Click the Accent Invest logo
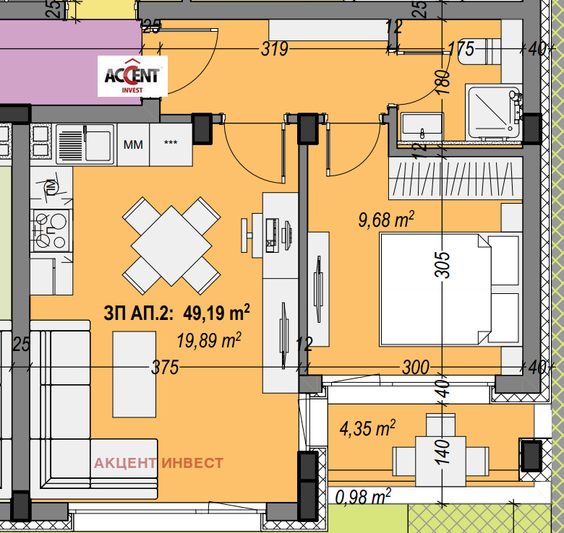[132, 76]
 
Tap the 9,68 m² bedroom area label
[386, 219]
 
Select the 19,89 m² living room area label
[209, 340]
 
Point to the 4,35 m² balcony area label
[367, 428]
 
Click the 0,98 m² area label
[363, 497]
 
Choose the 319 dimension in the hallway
[275, 49]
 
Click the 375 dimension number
[165, 367]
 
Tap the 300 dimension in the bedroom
[416, 367]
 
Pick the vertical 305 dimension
[443, 265]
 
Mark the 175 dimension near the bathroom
[461, 49]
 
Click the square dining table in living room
[171, 246]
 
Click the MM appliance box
[133, 144]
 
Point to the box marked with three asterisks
[171, 144]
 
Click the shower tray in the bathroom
[493, 112]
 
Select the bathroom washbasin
[422, 126]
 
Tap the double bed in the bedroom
[450, 290]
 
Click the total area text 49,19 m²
[216, 313]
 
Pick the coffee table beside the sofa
[134, 374]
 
